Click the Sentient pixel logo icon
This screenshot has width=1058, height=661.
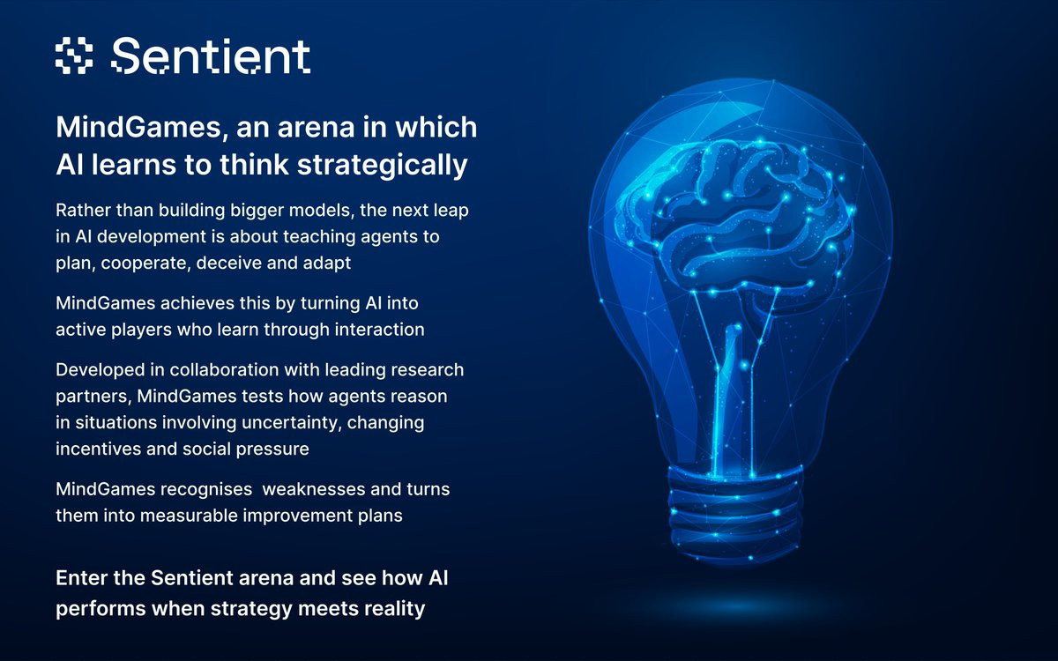[x=74, y=56]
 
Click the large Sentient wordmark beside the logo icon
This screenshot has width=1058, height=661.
[x=211, y=56]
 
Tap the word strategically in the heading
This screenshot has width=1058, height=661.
[x=382, y=166]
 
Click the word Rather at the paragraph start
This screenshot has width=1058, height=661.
[x=83, y=210]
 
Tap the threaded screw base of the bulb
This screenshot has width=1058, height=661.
[x=735, y=514]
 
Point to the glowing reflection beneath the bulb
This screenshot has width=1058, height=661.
[x=735, y=606]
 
